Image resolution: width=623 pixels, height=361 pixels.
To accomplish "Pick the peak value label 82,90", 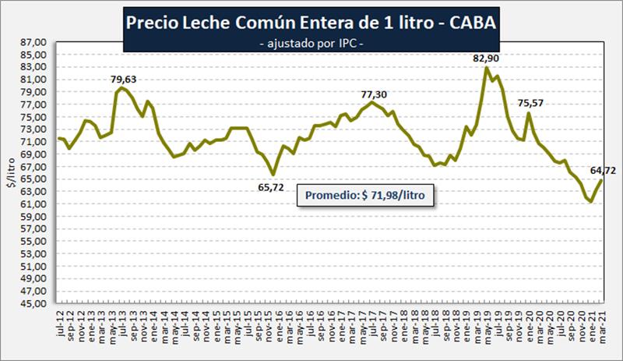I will pyautogui.click(x=487, y=58).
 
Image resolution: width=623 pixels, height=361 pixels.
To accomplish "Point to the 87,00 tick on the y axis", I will pyautogui.click(x=37, y=43).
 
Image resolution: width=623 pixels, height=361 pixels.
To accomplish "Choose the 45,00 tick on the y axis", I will pyautogui.click(x=37, y=303).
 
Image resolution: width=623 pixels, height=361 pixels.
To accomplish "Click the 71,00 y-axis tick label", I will pyautogui.click(x=37, y=142).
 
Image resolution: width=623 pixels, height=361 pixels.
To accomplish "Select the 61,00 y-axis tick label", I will pyautogui.click(x=37, y=204).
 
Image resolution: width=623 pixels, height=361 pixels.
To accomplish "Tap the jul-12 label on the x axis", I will pyautogui.click(x=60, y=322).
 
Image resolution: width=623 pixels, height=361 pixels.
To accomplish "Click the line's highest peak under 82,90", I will pyautogui.click(x=487, y=68).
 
